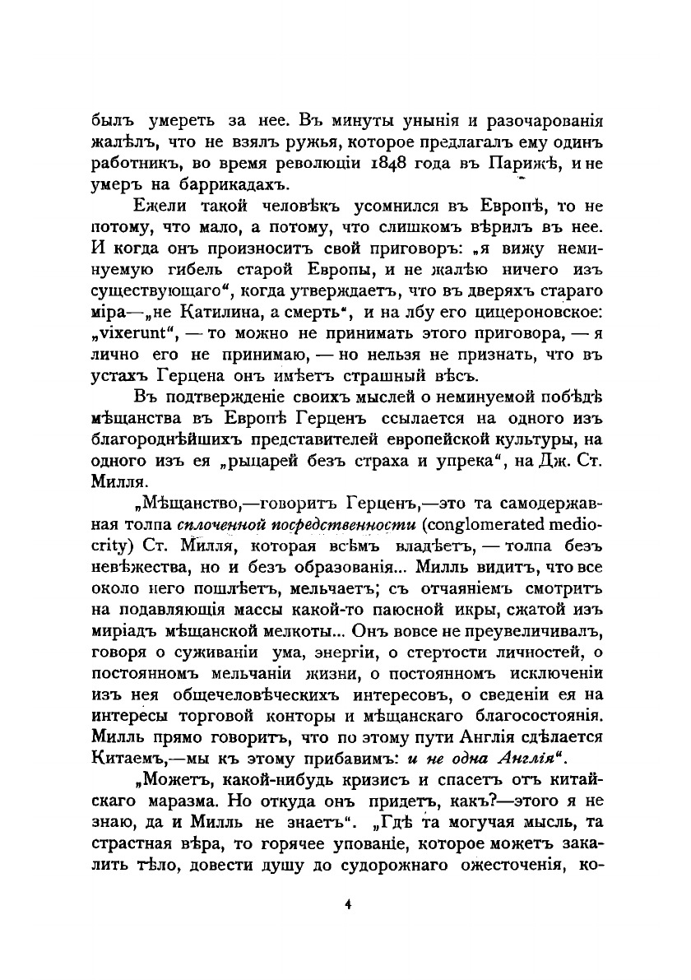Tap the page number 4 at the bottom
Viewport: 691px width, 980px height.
(349, 904)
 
